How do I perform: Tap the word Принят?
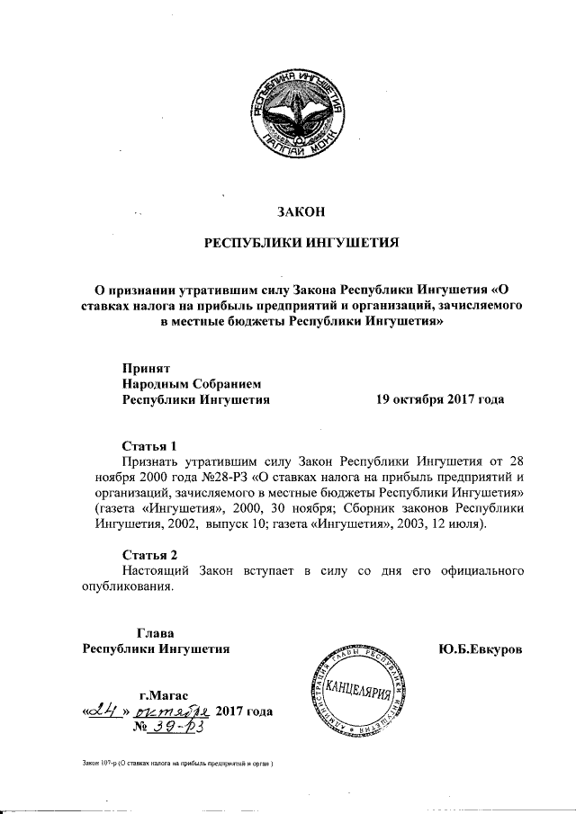click(146, 367)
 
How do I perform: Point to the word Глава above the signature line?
click(154, 632)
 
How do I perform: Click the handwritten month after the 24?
click(177, 711)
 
